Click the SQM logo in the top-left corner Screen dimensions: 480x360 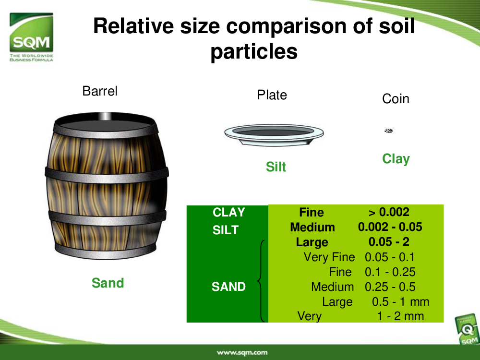coord(31,37)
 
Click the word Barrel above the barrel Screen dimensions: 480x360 coord(100,91)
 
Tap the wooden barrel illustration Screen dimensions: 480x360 coord(107,186)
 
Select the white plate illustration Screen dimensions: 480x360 coord(274,135)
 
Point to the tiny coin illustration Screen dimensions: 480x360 coord(389,131)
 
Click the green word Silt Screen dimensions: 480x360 coord(276,167)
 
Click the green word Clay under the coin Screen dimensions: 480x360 coord(396,159)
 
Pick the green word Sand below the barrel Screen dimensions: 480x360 coord(108,283)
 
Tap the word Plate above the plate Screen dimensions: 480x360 coord(272,95)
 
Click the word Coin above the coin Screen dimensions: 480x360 coord(396,99)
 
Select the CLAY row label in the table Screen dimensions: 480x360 coord(228,212)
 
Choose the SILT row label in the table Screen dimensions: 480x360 coord(226,230)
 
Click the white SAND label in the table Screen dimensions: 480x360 coord(228,287)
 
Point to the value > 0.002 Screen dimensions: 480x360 coord(389,212)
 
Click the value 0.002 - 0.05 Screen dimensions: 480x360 coord(390,227)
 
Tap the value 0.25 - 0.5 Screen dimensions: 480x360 coord(390,287)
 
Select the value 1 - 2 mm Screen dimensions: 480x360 coord(400,316)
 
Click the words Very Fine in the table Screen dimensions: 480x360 coord(329,257)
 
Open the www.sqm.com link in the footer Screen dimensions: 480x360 coord(242,353)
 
